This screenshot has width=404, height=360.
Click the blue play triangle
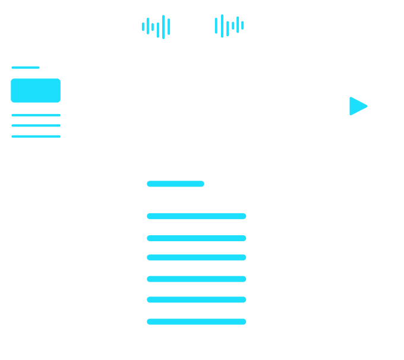(x=357, y=106)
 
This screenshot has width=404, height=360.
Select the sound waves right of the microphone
(x=229, y=27)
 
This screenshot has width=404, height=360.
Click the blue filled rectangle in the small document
(x=36, y=90)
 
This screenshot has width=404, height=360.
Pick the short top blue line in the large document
(x=175, y=184)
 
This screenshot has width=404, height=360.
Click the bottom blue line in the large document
(x=197, y=321)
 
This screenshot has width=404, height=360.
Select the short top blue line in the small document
(x=26, y=67)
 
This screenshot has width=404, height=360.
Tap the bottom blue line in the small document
(x=36, y=136)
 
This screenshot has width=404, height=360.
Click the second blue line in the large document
(x=197, y=216)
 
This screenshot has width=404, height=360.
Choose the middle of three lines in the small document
(x=36, y=125)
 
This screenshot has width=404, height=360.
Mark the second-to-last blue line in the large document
(x=197, y=299)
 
